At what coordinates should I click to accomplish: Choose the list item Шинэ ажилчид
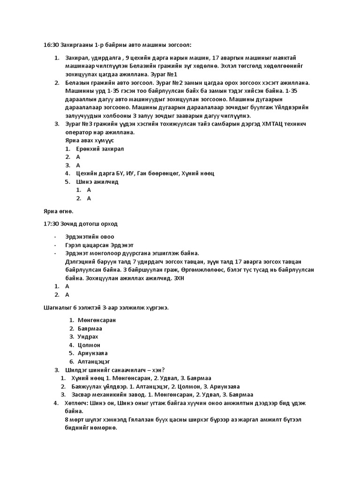97,181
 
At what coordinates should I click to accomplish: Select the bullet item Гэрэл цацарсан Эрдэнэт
99,245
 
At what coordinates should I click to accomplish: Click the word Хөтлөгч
78,403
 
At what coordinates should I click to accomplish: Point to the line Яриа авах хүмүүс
90,141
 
